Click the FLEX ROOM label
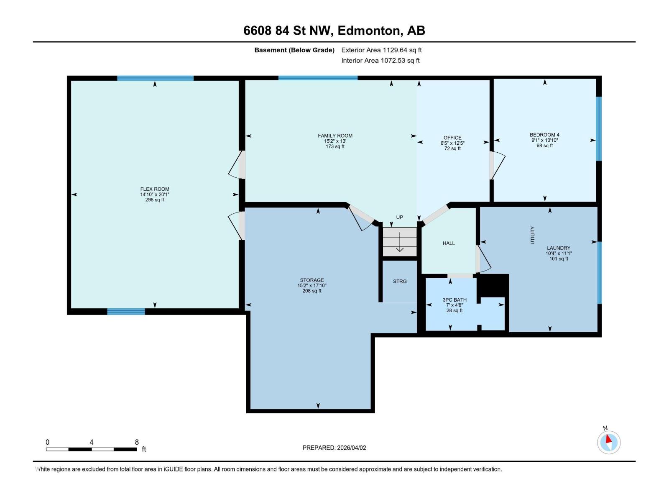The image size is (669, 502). pos(155,189)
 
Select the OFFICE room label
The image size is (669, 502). pos(452,138)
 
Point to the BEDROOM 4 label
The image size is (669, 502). pos(544,135)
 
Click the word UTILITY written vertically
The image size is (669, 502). pos(532,235)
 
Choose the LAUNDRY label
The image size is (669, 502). pos(558,248)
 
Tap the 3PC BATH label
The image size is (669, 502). pos(455,300)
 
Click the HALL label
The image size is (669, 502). pos(449,243)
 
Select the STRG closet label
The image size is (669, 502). pos(400,282)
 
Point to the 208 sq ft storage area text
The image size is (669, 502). pos(312,291)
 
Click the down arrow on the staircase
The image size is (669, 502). pos(400,243)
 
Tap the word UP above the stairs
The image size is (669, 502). pos(400,217)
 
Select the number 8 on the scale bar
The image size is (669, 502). pos(137,442)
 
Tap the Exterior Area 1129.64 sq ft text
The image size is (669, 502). pos(381,50)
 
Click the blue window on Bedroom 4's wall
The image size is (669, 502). pos(598,128)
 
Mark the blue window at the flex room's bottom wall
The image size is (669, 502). pos(126,311)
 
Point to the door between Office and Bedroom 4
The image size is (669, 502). pos(492,165)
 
